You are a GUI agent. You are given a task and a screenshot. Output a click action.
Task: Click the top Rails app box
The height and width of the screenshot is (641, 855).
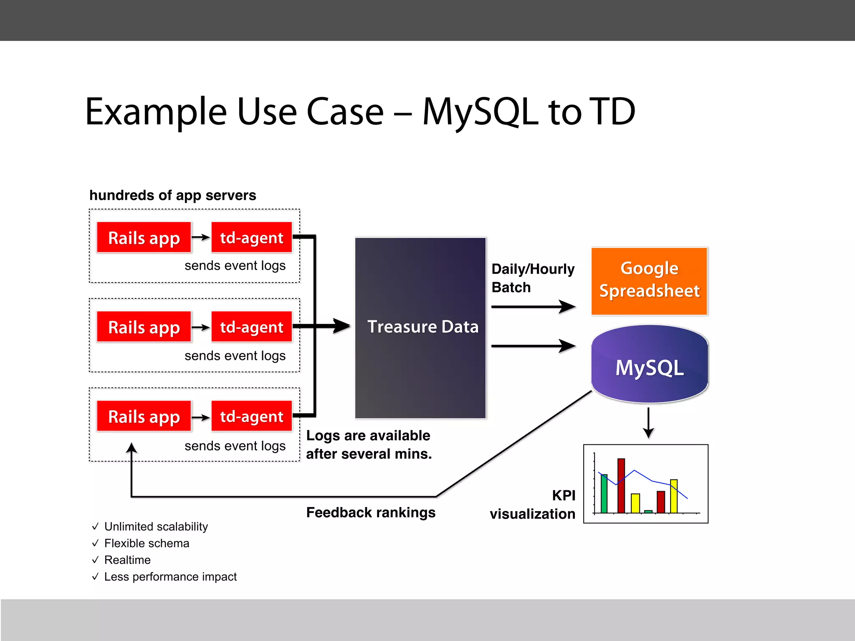[144, 238]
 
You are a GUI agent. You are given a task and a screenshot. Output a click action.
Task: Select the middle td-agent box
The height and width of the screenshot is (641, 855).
[251, 327]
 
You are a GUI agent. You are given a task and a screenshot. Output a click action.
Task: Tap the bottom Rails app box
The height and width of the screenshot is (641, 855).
[144, 416]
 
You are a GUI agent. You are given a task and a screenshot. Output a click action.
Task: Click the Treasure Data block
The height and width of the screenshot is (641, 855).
[420, 327]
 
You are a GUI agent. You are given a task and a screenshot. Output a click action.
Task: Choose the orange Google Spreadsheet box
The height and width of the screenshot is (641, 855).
[649, 280]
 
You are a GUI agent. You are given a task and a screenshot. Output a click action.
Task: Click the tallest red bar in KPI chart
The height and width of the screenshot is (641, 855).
[621, 485]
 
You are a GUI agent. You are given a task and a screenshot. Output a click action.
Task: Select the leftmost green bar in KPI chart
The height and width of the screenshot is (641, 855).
[604, 493]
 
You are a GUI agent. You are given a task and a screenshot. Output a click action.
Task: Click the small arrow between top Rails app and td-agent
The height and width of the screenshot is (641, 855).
[201, 237]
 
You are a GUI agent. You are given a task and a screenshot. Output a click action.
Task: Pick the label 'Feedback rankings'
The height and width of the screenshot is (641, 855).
[371, 512]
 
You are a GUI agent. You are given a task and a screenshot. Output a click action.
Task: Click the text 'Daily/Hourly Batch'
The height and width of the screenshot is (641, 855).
[532, 278]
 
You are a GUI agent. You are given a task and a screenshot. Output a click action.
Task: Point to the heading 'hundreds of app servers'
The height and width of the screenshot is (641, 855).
[172, 195]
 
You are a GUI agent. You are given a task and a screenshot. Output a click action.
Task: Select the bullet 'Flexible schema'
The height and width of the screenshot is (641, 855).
[147, 543]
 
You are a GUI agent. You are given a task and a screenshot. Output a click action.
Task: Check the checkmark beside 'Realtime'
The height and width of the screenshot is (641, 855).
[95, 560]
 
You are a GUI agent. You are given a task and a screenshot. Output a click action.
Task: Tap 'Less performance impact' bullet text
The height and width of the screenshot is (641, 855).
[170, 576]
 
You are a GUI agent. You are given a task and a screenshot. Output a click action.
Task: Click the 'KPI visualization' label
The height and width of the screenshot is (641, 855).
[533, 505]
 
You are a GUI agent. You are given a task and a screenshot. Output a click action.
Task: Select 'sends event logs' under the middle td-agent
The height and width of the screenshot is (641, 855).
[235, 356]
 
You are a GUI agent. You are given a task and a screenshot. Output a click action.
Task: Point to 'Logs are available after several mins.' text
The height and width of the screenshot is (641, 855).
[369, 444]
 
